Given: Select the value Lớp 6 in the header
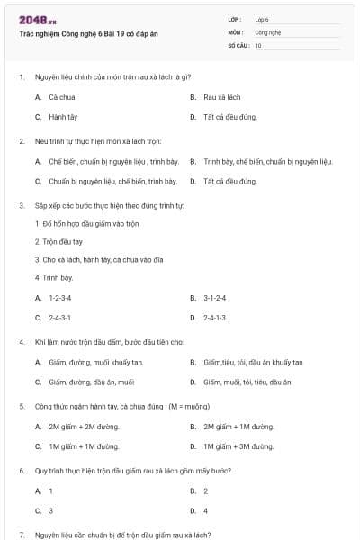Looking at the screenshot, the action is click(262, 19).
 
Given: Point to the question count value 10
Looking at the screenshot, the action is click(258, 44).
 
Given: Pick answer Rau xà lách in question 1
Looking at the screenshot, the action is click(222, 96).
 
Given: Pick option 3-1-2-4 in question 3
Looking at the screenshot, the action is click(215, 297).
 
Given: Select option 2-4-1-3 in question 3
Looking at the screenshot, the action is click(215, 318).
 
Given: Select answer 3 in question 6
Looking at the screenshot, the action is click(51, 510).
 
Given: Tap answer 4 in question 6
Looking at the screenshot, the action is click(206, 510).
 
